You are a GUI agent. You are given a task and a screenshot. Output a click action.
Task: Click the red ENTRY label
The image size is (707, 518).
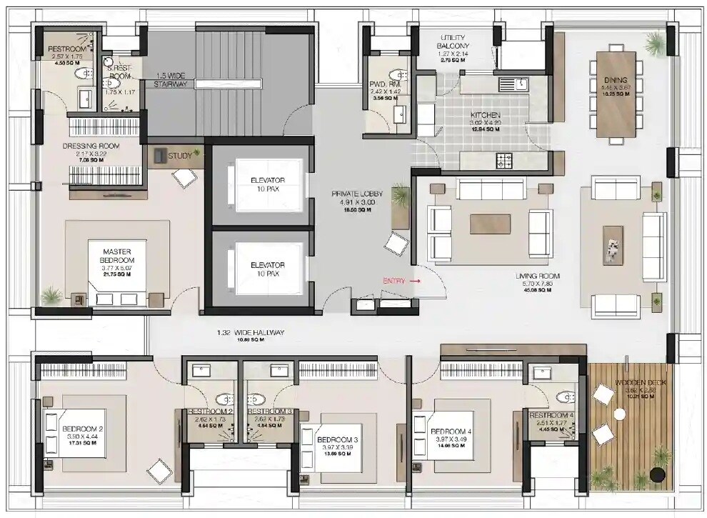tap(394, 281)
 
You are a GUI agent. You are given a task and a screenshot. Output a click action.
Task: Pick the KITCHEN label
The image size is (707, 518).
tap(485, 115)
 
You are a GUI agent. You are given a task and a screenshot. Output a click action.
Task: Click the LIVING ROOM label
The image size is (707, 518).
tap(538, 276)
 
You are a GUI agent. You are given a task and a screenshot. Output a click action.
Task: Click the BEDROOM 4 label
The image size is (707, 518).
tap(451, 432)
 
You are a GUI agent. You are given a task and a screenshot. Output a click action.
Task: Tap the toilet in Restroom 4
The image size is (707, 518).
tap(566, 397)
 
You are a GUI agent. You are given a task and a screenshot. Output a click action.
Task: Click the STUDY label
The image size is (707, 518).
tap(180, 154)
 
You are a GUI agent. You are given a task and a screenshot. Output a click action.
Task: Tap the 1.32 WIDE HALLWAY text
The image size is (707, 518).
tap(251, 332)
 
